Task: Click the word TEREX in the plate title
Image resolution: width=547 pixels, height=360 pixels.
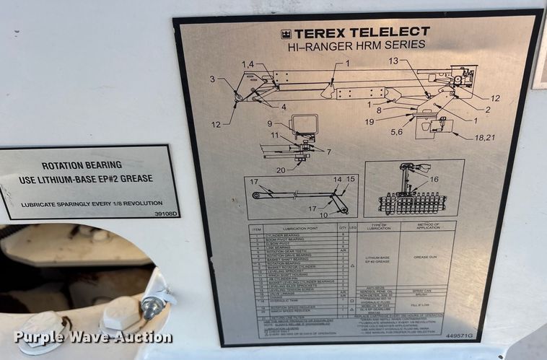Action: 319,32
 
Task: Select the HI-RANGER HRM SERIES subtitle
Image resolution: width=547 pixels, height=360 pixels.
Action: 356,45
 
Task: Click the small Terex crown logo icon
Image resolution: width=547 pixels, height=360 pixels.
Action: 286,33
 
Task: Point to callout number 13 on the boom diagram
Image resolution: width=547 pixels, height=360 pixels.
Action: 393,61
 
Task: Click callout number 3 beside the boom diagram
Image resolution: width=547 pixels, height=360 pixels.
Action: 213,79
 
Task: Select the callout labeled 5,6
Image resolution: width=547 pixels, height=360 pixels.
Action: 396,132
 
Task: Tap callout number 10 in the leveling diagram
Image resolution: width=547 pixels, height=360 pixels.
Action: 323,214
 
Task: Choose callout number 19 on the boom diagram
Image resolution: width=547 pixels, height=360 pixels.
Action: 369,122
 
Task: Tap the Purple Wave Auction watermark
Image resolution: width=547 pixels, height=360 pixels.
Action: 92,337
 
